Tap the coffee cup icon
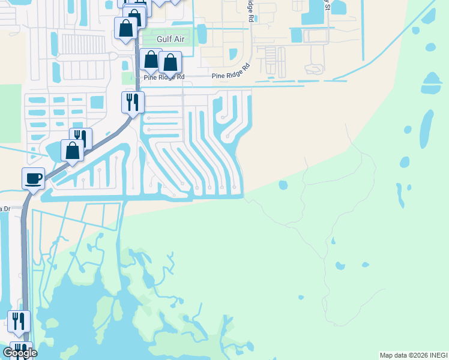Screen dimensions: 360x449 pos(33,178)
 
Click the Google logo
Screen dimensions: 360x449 pos(20,353)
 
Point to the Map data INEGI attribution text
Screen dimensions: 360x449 pos(414,355)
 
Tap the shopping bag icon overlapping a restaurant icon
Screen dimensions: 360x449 pos(72,151)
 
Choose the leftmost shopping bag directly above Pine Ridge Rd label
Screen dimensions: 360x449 pos(151,59)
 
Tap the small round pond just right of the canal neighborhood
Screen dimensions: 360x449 pos(283,185)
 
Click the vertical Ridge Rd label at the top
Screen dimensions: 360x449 pos(249,8)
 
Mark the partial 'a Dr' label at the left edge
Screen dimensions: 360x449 pos(5,208)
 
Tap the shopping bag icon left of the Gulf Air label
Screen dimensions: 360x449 pos(125,28)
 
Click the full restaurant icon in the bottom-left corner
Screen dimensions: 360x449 pos(18,321)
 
